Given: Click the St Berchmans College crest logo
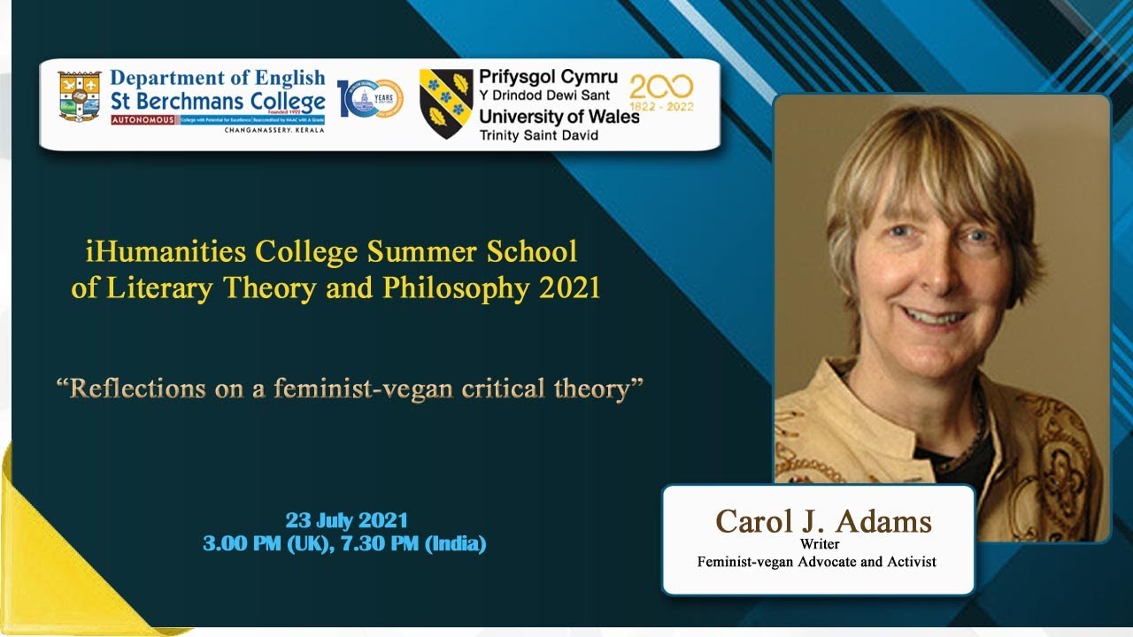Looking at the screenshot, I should point(79,96).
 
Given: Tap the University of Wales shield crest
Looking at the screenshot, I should point(446,103).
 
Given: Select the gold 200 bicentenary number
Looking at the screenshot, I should point(661,87).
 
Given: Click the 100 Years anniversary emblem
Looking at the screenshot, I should point(370,98).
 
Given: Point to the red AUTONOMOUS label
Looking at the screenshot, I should point(143,119).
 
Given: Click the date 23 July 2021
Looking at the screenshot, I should point(346,520).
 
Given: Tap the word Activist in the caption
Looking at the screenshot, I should point(911,561).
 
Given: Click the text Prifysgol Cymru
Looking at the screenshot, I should point(548,77).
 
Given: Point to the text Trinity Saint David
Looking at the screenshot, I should point(538,135).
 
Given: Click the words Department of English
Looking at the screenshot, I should point(217,79).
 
